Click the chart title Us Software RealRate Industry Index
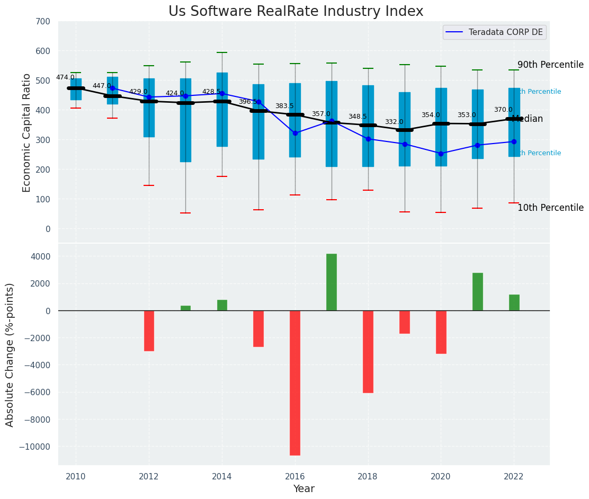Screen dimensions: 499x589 [x=296, y=12]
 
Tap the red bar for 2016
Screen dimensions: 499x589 [x=295, y=382]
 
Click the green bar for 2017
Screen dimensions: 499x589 [x=332, y=282]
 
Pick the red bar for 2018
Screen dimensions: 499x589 [x=368, y=351]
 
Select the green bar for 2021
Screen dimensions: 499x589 [x=478, y=291]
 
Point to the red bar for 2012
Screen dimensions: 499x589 [x=149, y=331]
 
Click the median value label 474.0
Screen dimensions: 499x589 [x=65, y=78]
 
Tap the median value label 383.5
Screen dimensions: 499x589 [x=284, y=106]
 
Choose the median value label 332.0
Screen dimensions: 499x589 [x=394, y=122]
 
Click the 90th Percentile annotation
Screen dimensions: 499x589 [x=550, y=65]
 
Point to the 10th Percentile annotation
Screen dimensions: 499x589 [x=550, y=208]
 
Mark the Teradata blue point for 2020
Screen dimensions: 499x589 [x=441, y=154]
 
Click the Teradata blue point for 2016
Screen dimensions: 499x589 [x=295, y=133]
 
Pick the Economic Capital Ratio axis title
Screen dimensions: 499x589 [x=27, y=132]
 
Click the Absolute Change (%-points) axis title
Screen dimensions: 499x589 [x=10, y=354]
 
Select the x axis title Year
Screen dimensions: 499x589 [x=304, y=489]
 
